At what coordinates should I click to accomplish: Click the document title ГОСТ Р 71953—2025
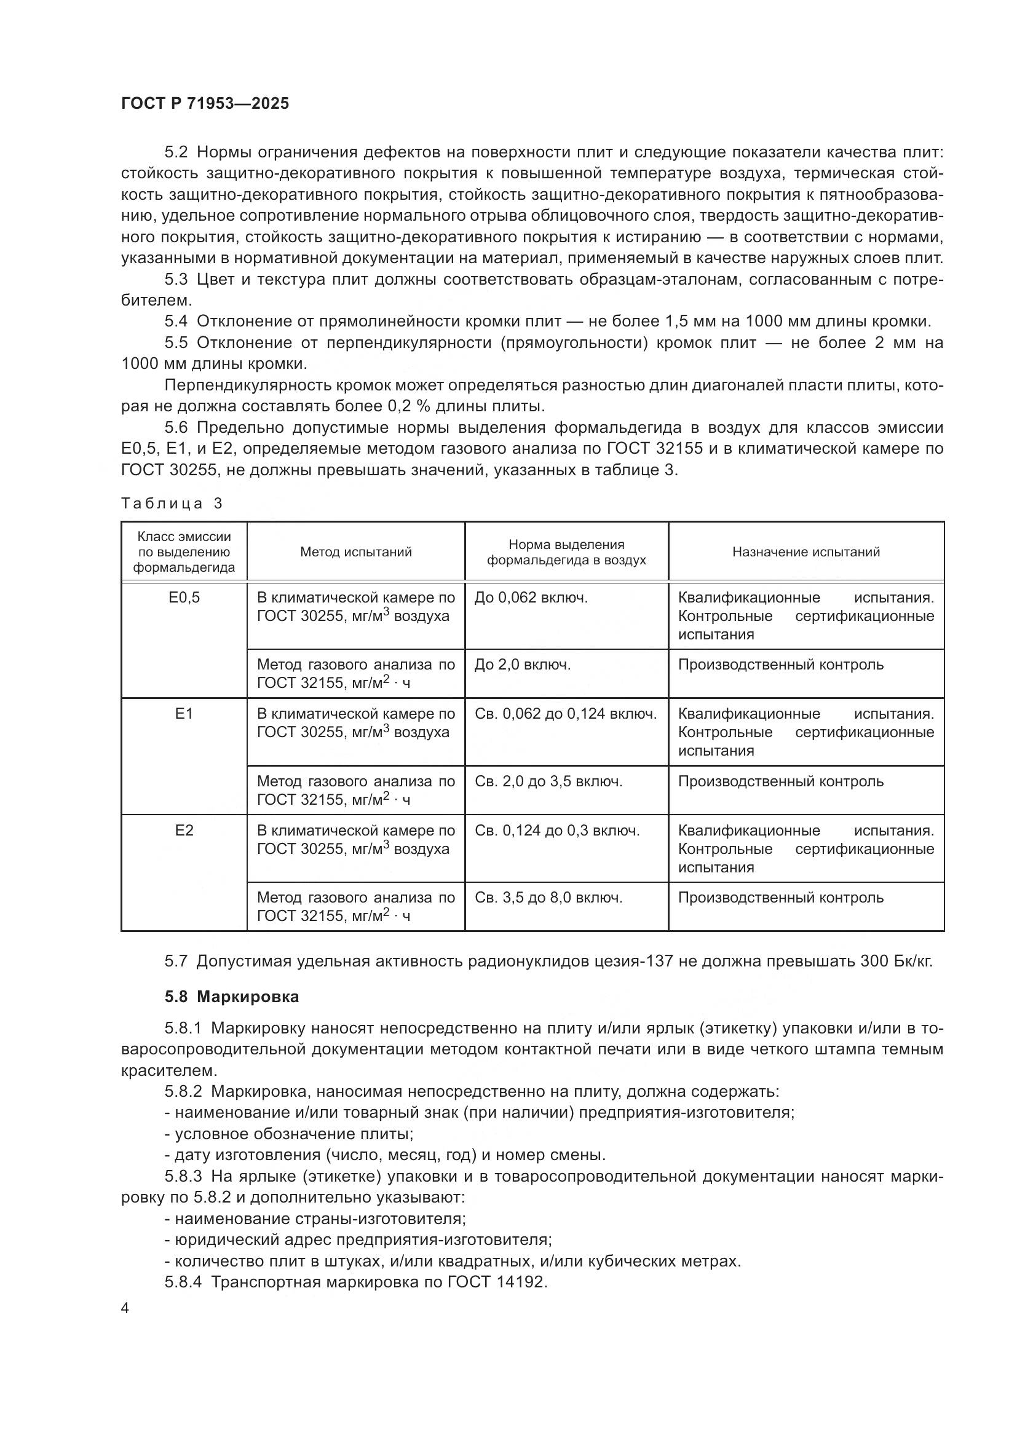(205, 104)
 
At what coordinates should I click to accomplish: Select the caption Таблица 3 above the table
(172, 504)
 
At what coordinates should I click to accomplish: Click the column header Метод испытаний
(355, 551)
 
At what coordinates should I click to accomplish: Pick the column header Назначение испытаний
(806, 551)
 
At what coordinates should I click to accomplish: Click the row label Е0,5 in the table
(184, 598)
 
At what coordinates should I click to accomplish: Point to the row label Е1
(184, 714)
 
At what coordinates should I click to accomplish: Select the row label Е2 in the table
(184, 831)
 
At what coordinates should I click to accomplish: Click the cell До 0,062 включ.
(531, 598)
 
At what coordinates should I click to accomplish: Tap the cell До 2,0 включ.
(522, 665)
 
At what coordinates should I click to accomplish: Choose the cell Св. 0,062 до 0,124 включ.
(566, 714)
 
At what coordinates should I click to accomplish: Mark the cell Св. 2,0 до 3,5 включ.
(548, 781)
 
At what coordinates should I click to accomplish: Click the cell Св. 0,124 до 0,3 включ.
(556, 831)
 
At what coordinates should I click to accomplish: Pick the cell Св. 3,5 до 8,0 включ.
(548, 898)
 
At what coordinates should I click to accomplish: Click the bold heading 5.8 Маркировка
(232, 997)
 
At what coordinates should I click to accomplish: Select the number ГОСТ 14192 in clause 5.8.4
(497, 1282)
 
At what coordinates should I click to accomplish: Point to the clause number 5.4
(176, 322)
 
